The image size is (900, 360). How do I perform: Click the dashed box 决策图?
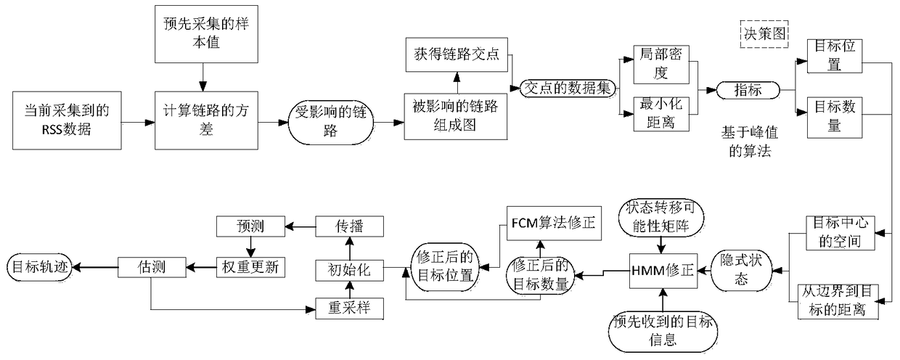pos(764,34)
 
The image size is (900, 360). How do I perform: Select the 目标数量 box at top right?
pos(834,115)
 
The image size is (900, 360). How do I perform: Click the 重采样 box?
pos(348,308)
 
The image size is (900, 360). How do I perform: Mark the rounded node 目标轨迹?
pos(38,266)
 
